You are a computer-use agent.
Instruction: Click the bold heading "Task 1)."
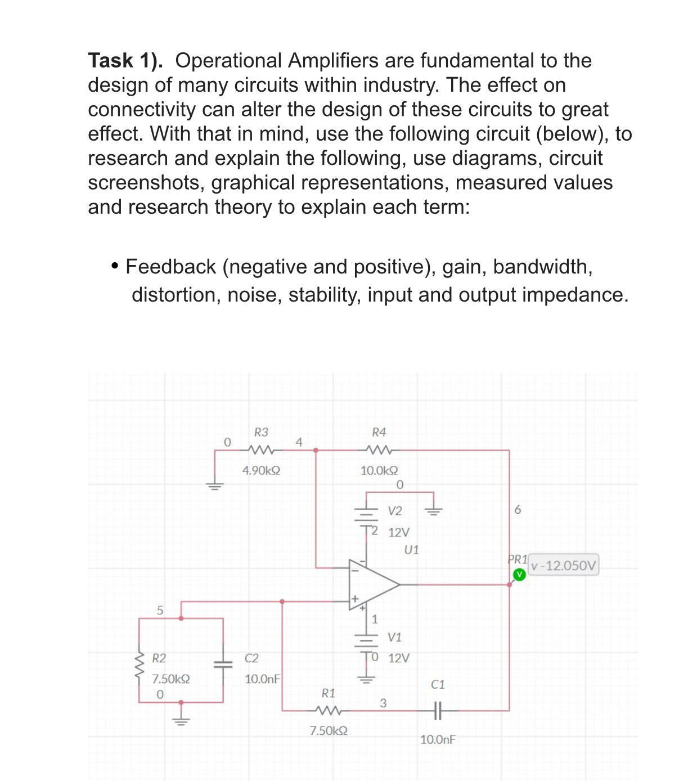pyautogui.click(x=125, y=60)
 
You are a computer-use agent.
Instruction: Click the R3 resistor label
pyautogui.click(x=261, y=432)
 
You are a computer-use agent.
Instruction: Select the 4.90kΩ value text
pyautogui.click(x=261, y=470)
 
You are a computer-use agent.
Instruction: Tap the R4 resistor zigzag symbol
pyautogui.click(x=379, y=450)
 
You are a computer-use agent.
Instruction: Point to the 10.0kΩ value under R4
pyautogui.click(x=379, y=470)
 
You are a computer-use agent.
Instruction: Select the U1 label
pyautogui.click(x=412, y=550)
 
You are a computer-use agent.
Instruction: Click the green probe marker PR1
pyautogui.click(x=519, y=574)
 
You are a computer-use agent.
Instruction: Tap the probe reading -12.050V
pyautogui.click(x=564, y=565)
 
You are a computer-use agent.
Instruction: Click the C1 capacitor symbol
pyautogui.click(x=438, y=711)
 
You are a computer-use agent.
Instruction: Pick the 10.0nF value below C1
pyautogui.click(x=438, y=739)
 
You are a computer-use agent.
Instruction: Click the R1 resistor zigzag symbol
pyautogui.click(x=329, y=711)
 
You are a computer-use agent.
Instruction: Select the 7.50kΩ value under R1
pyautogui.click(x=329, y=731)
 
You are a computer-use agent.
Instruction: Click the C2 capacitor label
pyautogui.click(x=251, y=658)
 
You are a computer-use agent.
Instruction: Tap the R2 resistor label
pyautogui.click(x=159, y=658)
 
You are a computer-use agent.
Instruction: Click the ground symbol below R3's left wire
pyautogui.click(x=214, y=486)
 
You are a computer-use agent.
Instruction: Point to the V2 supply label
pyautogui.click(x=395, y=511)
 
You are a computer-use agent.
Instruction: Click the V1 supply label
pyautogui.click(x=394, y=637)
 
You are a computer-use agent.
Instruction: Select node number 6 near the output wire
pyautogui.click(x=518, y=509)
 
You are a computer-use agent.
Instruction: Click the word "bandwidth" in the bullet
pyautogui.click(x=542, y=267)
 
